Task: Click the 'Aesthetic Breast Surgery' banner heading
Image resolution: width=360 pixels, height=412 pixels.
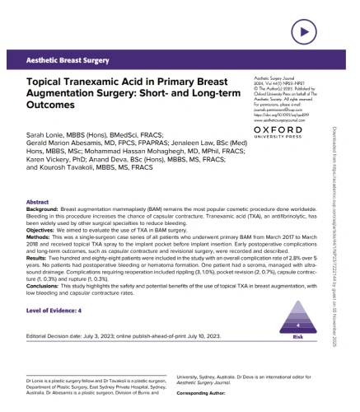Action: coord(68,62)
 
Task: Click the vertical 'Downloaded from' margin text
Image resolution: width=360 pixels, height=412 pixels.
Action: coord(349,206)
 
